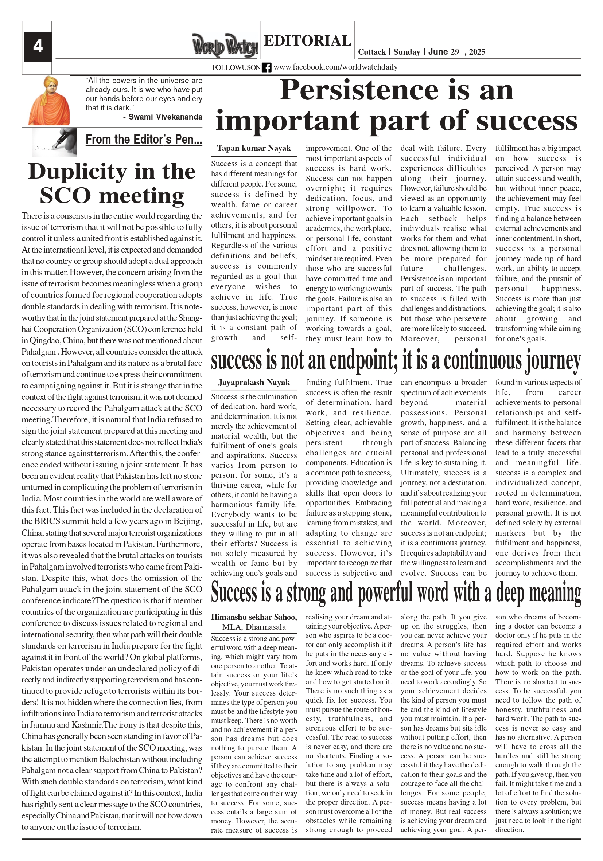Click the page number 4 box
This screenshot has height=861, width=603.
[38, 47]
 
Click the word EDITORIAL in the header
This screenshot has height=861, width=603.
[307, 40]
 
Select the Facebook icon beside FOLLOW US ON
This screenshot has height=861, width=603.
[267, 67]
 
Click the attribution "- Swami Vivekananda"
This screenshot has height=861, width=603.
[163, 117]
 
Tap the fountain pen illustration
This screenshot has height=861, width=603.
[54, 142]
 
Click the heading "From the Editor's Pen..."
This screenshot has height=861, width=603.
[144, 140]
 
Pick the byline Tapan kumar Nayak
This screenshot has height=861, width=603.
[254, 149]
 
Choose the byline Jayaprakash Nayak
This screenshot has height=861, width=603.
[254, 383]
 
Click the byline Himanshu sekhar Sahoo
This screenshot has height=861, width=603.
[254, 617]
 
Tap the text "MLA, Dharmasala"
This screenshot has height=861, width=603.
[254, 627]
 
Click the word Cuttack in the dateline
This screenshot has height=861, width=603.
[372, 52]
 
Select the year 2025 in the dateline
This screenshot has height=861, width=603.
[477, 52]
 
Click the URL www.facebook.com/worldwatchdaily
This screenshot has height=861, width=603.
[335, 67]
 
